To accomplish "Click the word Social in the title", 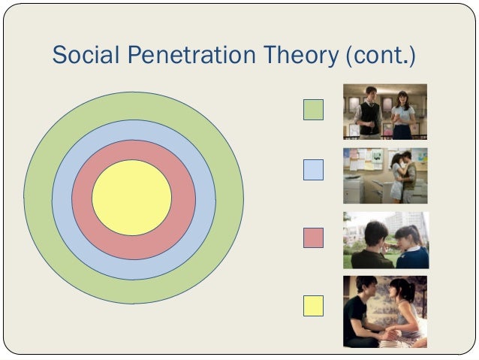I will tap(83, 56).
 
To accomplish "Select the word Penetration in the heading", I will tap(191, 56).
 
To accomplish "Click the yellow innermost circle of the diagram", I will tap(131, 198).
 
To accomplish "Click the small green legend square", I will tap(313, 110).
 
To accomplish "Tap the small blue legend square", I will tap(313, 170).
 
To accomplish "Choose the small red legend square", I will tap(313, 237).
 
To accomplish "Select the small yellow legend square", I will tap(313, 305).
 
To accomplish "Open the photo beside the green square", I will tap(385, 111).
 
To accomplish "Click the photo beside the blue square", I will tap(385, 175).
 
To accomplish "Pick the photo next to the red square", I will tap(385, 240).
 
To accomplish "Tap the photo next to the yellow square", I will tap(385, 310).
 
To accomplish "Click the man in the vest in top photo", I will tap(369, 114).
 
